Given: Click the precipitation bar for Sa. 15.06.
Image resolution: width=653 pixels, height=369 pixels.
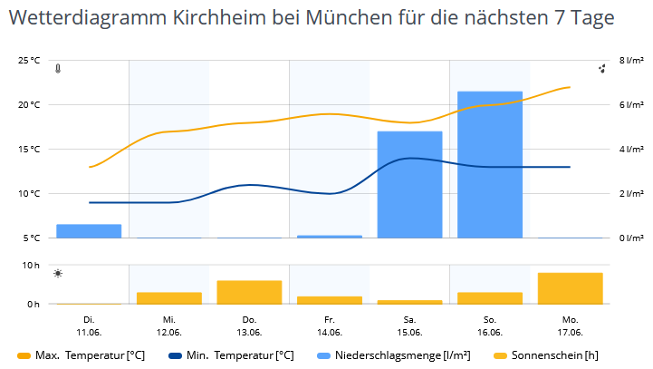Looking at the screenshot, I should coord(409,184).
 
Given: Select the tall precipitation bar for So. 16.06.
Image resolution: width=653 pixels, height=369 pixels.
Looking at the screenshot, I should coord(490,164).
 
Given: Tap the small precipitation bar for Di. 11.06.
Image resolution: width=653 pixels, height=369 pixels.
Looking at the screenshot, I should coord(89,230).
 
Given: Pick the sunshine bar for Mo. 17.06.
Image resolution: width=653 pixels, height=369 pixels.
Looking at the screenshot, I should coord(570,287).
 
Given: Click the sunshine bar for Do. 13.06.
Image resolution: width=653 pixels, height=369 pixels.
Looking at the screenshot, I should coord(249,292).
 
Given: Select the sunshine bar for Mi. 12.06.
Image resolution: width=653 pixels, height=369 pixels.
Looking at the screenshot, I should coord(169,297).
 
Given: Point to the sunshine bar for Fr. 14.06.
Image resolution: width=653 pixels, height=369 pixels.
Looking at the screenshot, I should coord(330,299).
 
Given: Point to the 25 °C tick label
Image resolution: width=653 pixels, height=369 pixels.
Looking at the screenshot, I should coord(29,61).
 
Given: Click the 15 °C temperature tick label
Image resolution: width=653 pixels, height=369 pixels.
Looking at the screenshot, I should coord(29,150).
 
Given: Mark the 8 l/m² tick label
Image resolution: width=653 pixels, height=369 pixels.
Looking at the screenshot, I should coord(631,61).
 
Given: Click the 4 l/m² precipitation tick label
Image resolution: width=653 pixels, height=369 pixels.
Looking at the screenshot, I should coord(631,150).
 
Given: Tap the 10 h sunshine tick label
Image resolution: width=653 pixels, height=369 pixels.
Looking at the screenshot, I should coord(32,265).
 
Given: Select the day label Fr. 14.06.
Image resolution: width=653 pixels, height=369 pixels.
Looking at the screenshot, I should coord(330,325).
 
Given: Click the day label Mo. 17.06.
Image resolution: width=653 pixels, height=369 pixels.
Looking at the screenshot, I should coord(570,325).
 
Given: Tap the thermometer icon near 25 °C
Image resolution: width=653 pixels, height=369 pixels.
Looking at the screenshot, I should coord(58,69).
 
